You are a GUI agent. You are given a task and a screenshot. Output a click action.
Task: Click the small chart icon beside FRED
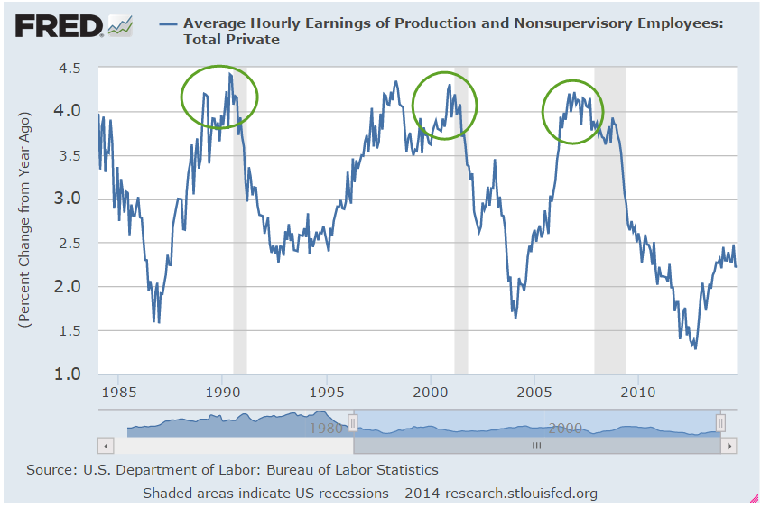[120, 26]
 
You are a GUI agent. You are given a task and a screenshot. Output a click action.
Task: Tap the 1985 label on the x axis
[119, 393]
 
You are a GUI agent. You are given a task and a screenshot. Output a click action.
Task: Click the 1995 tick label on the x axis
[327, 393]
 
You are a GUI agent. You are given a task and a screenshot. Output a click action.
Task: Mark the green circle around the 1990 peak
[219, 97]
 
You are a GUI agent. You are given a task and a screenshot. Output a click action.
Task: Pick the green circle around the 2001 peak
[444, 106]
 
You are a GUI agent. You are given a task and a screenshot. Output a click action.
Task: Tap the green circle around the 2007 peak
[574, 112]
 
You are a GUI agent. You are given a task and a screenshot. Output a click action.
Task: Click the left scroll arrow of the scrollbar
[107, 446]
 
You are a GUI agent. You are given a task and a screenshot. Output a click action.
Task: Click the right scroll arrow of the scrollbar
[729, 446]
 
